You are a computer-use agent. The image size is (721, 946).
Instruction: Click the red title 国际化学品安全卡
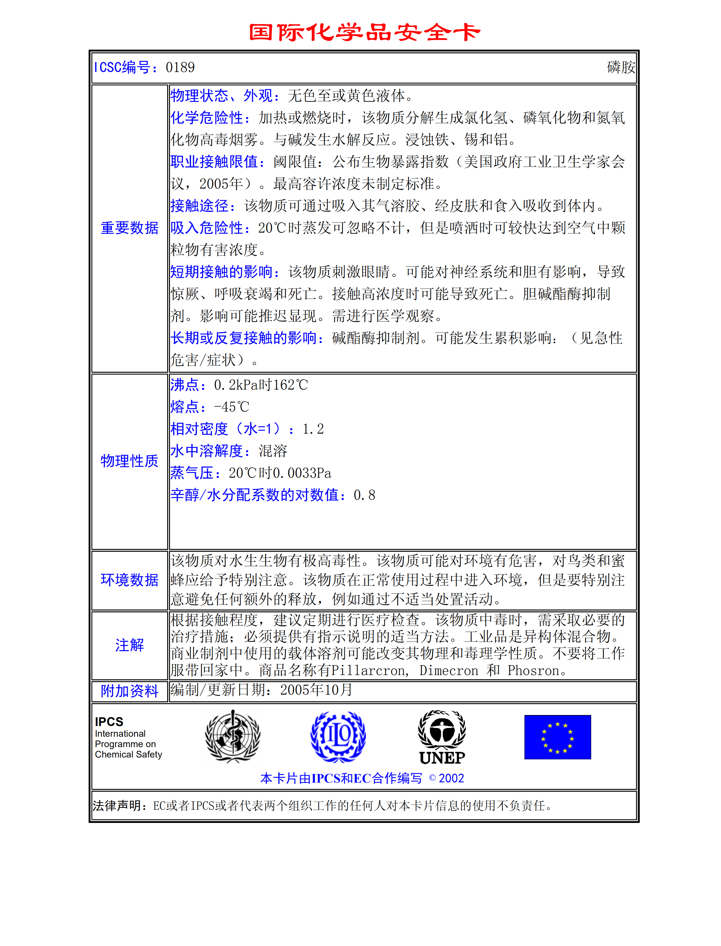pyautogui.click(x=364, y=33)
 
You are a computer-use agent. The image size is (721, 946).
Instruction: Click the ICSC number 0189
pyautogui.click(x=180, y=67)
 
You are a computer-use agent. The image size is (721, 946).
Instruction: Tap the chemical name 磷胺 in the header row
pyautogui.click(x=621, y=67)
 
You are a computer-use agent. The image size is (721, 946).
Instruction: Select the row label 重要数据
pyautogui.click(x=129, y=228)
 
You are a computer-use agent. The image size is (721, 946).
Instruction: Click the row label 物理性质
pyautogui.click(x=129, y=461)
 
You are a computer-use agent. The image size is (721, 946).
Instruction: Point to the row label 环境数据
pyautogui.click(x=129, y=580)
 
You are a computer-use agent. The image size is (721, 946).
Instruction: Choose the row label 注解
pyautogui.click(x=129, y=645)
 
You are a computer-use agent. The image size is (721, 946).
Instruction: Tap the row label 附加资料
pyautogui.click(x=129, y=691)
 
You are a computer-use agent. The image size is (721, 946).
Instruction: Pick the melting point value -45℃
pyautogui.click(x=232, y=407)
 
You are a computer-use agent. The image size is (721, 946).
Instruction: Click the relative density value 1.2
pyautogui.click(x=313, y=429)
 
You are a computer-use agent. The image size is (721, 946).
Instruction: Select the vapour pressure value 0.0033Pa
pyautogui.click(x=302, y=473)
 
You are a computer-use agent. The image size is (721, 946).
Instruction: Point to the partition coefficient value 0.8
pyautogui.click(x=364, y=495)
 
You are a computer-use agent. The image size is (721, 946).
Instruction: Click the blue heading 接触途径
pyautogui.click(x=200, y=206)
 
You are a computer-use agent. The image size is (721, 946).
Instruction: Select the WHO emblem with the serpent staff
pyautogui.click(x=233, y=736)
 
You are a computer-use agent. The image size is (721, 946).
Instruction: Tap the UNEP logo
pyautogui.click(x=442, y=737)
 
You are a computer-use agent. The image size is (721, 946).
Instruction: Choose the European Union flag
pyautogui.click(x=558, y=737)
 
